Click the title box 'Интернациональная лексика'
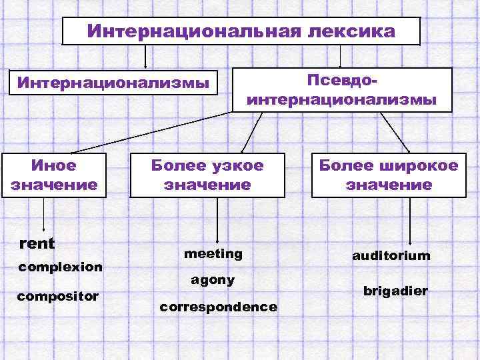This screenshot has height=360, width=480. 241,31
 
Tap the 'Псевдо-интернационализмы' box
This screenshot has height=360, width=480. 342,90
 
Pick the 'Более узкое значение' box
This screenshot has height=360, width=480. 207,175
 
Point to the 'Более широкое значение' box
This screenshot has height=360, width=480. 389,175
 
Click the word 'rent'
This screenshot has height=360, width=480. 38,243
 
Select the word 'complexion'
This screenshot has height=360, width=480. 61,267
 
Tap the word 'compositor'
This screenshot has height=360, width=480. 59,295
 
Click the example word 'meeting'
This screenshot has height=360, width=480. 213,254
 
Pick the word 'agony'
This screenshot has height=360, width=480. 213,280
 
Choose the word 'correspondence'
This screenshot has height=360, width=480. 218,307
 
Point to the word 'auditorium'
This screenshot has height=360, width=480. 392,255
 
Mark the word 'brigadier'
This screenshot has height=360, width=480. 395,291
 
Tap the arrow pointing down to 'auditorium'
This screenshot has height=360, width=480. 410,223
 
